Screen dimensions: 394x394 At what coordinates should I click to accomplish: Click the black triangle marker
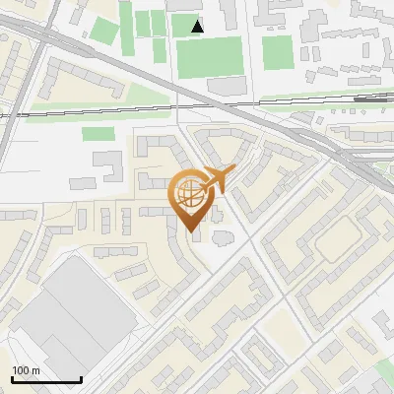click(198, 27)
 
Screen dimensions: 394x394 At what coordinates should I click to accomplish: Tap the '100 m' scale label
click(26, 370)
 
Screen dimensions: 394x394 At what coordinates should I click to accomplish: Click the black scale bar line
click(45, 380)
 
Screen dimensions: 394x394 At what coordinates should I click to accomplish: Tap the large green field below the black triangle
click(208, 57)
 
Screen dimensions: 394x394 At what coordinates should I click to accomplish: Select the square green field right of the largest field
click(278, 52)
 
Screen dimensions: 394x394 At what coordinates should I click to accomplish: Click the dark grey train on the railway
click(368, 98)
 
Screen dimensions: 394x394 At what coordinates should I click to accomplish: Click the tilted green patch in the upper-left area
click(103, 29)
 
